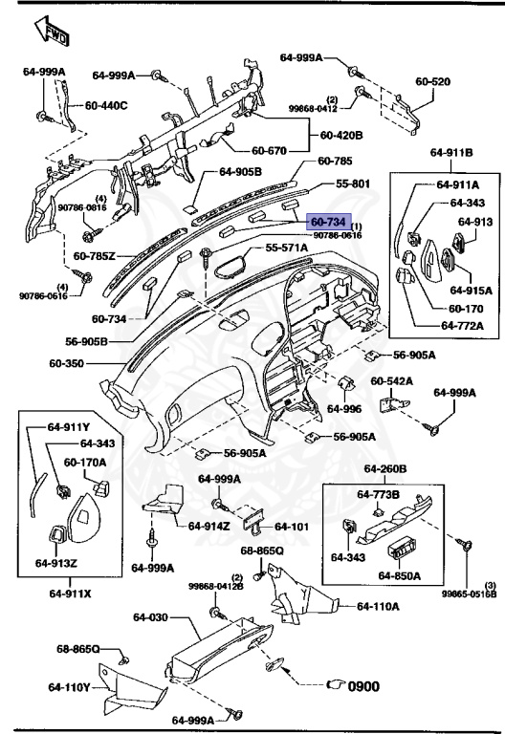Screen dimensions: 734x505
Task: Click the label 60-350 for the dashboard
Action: pos(70,364)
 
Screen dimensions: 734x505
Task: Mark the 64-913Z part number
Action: pos(56,563)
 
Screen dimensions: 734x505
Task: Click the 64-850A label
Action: pos(400,575)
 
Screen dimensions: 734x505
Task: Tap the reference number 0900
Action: pos(362,685)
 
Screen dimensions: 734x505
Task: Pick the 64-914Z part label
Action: pos(211,526)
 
